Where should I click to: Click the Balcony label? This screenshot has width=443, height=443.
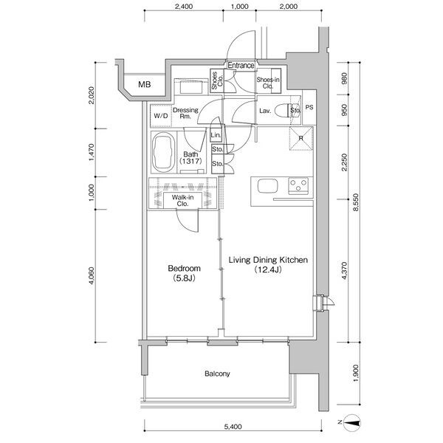(x=217, y=374)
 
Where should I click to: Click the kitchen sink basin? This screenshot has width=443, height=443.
(x=267, y=186)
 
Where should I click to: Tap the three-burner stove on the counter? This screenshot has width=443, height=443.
(x=298, y=186)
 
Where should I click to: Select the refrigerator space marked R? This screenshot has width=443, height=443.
(x=301, y=139)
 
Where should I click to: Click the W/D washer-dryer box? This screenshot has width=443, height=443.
(x=161, y=116)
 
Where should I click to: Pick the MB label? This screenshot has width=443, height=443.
(x=145, y=84)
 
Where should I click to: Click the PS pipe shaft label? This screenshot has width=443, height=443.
(x=309, y=107)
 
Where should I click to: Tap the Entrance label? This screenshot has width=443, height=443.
(x=241, y=66)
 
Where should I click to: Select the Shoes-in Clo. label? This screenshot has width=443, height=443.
(x=268, y=83)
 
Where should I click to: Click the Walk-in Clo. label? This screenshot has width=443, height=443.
(x=182, y=200)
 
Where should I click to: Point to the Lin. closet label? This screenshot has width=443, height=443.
(x=216, y=135)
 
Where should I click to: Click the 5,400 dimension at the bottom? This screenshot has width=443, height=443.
(x=233, y=426)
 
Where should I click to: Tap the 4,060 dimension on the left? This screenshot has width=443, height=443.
(x=92, y=275)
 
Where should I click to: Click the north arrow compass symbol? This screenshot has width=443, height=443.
(x=354, y=422)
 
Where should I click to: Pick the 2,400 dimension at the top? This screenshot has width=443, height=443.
(x=184, y=6)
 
